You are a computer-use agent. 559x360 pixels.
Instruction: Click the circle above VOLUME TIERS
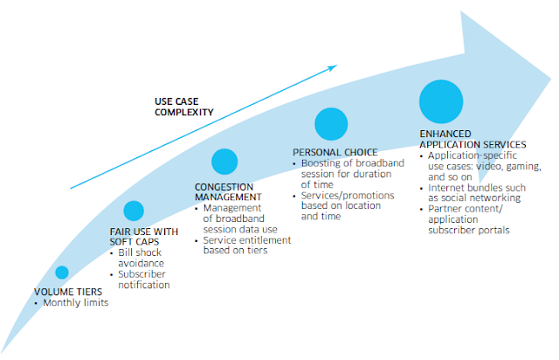(62, 273)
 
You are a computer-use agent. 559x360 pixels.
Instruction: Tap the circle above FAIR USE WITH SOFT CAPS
(134, 211)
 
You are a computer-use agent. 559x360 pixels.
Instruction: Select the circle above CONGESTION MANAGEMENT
(224, 162)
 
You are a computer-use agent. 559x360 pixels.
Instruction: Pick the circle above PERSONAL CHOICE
(331, 124)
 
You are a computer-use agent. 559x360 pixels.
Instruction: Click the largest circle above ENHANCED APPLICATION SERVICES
(441, 101)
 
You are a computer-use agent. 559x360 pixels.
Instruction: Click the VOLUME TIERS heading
(68, 292)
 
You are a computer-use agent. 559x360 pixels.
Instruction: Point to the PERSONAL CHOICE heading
(335, 152)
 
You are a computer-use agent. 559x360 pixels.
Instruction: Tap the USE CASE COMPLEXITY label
(184, 107)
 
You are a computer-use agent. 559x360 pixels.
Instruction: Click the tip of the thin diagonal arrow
(337, 65)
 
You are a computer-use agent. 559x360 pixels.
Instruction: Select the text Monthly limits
(76, 302)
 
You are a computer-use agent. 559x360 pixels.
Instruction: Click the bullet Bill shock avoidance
(141, 258)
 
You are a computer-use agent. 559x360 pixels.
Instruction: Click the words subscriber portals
(469, 230)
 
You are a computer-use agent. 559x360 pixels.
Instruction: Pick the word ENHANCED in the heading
(445, 134)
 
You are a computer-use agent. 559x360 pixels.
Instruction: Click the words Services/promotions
(348, 196)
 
